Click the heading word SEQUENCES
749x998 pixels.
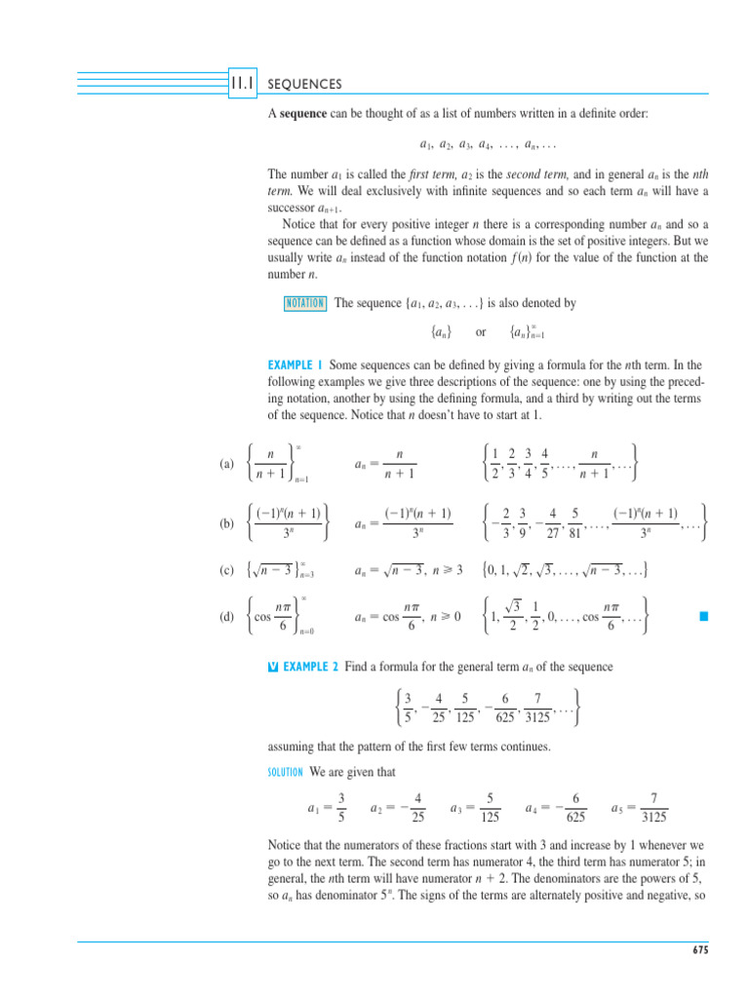click(x=304, y=85)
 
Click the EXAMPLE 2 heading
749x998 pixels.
click(x=309, y=666)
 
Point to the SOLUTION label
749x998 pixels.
click(x=286, y=773)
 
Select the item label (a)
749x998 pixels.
click(x=227, y=465)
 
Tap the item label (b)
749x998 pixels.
click(x=227, y=522)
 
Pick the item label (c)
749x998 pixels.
click(x=227, y=569)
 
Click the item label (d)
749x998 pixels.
click(x=227, y=614)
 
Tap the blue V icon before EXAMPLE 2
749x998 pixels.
click(x=272, y=667)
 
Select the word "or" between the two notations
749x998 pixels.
click(x=480, y=332)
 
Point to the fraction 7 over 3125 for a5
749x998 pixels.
click(x=652, y=807)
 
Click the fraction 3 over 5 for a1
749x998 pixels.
click(x=340, y=807)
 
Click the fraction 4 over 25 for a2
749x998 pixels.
click(x=417, y=807)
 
